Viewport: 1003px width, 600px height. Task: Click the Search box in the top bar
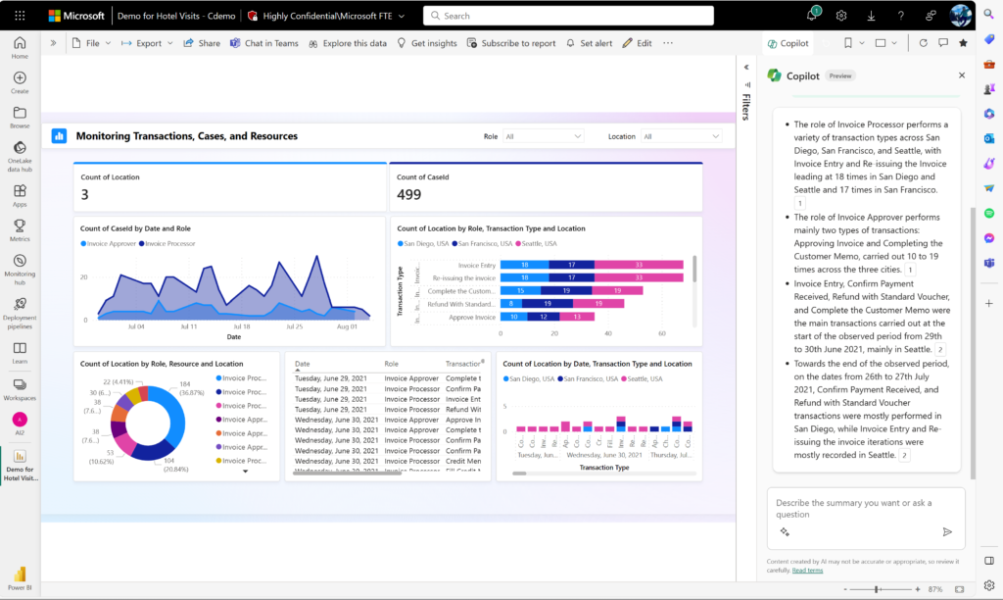click(x=588, y=16)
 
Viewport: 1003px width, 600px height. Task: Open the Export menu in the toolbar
click(x=148, y=43)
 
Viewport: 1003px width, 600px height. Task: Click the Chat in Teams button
click(x=263, y=43)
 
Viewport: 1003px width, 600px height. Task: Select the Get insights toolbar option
click(x=426, y=43)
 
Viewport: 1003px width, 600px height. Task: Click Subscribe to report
click(x=510, y=43)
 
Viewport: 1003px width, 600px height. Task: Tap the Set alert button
click(x=589, y=43)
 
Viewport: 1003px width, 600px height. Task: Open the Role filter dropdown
click(x=544, y=136)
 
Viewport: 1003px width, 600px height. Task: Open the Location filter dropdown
click(x=682, y=136)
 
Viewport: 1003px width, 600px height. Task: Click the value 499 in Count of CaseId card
click(x=408, y=194)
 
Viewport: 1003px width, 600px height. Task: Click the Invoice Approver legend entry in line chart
click(x=111, y=243)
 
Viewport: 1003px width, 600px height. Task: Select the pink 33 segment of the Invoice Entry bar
click(x=638, y=265)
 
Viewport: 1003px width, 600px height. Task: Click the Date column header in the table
click(x=303, y=363)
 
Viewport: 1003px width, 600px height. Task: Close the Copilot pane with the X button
click(x=960, y=75)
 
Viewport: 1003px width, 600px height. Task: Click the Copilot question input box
click(x=852, y=509)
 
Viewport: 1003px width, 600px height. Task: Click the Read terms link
click(x=807, y=570)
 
